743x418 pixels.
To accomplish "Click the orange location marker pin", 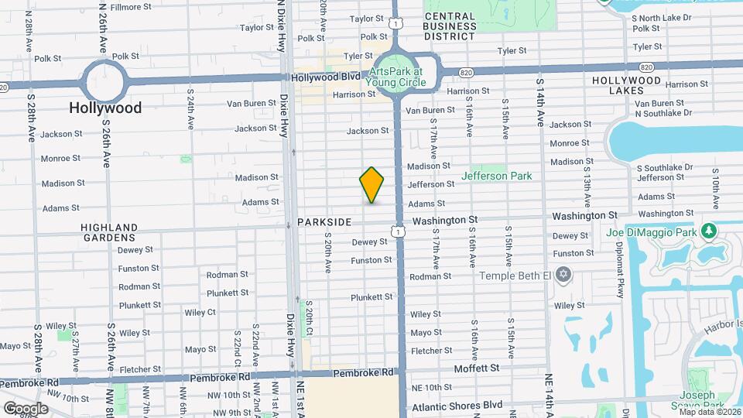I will [371, 185].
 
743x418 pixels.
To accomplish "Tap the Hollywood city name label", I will [105, 108].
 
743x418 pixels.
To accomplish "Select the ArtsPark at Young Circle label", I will [399, 76].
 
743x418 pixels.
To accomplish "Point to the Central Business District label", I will [450, 26].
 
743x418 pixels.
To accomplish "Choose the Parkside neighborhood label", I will [324, 222].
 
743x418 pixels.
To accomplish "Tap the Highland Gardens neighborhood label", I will [108, 232].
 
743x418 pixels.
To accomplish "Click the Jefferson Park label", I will [496, 176].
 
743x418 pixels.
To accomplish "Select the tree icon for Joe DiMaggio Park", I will [707, 231].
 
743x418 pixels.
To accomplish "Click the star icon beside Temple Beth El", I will [564, 275].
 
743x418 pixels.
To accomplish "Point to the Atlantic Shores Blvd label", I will [456, 405].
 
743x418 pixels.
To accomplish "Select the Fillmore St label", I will [130, 7].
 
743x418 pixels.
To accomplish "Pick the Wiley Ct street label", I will [200, 312].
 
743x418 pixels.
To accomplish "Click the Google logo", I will [26, 408].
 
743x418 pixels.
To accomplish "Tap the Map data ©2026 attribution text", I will [710, 412].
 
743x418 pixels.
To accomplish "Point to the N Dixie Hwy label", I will [281, 23].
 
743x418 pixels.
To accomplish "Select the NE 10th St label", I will [431, 387].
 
